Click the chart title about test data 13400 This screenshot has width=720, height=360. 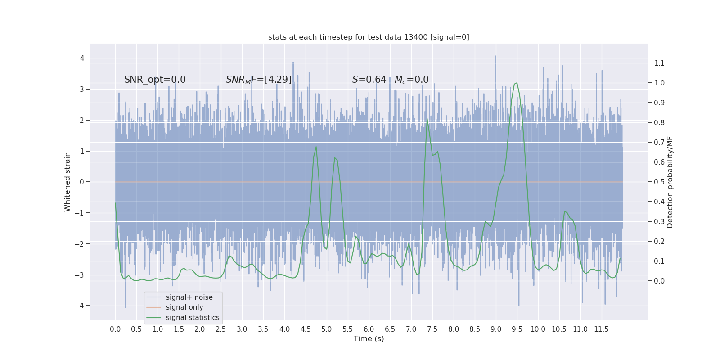pyautogui.click(x=369, y=37)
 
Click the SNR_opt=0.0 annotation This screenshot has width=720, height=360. pyautogui.click(x=155, y=80)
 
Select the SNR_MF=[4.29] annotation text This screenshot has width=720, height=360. pyautogui.click(x=258, y=80)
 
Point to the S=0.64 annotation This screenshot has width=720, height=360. pyautogui.click(x=369, y=80)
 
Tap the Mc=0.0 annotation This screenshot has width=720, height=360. pyautogui.click(x=411, y=80)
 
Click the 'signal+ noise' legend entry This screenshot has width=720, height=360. pyautogui.click(x=189, y=297)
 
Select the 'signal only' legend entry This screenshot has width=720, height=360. pyautogui.click(x=184, y=307)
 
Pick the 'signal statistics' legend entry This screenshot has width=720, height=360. pyautogui.click(x=193, y=318)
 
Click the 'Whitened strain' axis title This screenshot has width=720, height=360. pyautogui.click(x=67, y=182)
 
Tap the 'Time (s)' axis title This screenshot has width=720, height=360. pyautogui.click(x=369, y=338)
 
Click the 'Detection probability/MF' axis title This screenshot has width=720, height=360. pyautogui.click(x=670, y=182)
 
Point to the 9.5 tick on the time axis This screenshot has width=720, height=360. pyautogui.click(x=517, y=329)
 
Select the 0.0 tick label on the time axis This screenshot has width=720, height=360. pyautogui.click(x=115, y=329)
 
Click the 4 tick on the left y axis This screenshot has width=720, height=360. pyautogui.click(x=82, y=58)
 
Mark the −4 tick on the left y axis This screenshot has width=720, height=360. pyautogui.click(x=80, y=306)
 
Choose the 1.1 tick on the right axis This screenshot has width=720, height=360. pyautogui.click(x=659, y=63)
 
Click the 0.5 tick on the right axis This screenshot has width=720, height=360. pyautogui.click(x=659, y=182)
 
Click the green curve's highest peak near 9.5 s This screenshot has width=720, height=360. pyautogui.click(x=517, y=83)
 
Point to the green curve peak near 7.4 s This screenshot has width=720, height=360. pyautogui.click(x=427, y=119)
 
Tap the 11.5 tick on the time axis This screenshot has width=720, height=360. pyautogui.click(x=601, y=329)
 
